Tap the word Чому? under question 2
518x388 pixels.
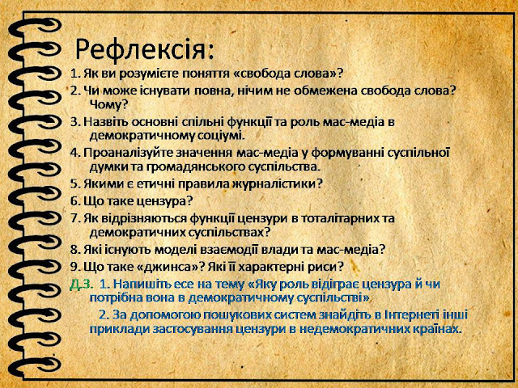pos(108,104)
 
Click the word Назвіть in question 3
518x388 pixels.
pos(105,122)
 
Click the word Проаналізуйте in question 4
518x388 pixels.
pos(127,153)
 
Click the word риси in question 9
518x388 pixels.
pos(325,266)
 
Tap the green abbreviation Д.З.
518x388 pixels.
pos(80,285)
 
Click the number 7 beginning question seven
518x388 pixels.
pos(74,218)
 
